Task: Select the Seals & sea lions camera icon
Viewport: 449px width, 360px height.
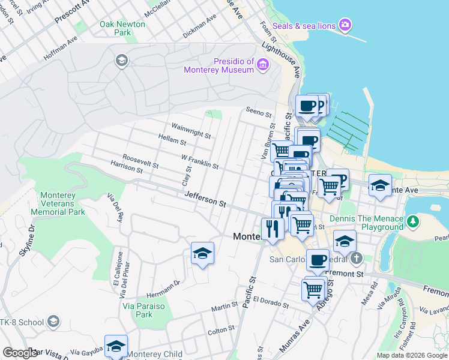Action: point(345,25)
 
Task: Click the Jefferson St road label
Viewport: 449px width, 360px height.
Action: point(205,199)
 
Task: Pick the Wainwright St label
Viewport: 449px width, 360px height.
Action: point(191,131)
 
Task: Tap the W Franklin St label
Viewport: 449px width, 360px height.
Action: point(199,161)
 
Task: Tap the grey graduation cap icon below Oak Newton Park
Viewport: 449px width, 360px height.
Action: point(121,60)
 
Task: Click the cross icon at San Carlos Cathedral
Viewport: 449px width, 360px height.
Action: point(356,259)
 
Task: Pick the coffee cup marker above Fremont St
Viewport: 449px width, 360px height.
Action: point(318,260)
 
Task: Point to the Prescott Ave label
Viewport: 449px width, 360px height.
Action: point(72,12)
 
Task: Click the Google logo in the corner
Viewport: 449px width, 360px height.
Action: point(20,353)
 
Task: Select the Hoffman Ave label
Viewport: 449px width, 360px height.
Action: point(61,50)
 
